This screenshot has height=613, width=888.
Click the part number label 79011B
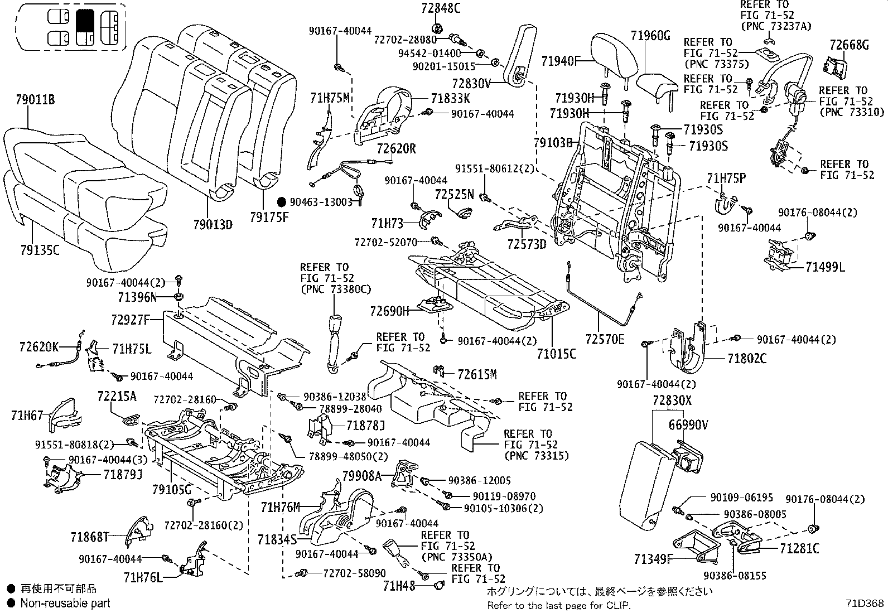(x=35, y=100)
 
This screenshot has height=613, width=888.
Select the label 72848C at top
(x=441, y=8)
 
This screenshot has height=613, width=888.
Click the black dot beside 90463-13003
(x=282, y=202)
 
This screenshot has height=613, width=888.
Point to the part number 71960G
(x=650, y=36)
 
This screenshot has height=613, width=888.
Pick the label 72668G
(x=849, y=45)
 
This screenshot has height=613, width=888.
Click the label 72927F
(x=131, y=320)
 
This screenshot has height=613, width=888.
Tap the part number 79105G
(x=172, y=490)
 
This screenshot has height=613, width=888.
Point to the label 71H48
(x=399, y=586)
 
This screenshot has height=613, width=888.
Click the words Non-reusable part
(x=65, y=603)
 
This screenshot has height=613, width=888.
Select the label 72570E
(x=605, y=339)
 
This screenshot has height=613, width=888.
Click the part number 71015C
(x=556, y=354)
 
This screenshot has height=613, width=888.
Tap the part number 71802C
(x=746, y=358)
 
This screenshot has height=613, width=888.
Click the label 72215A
(x=117, y=397)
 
